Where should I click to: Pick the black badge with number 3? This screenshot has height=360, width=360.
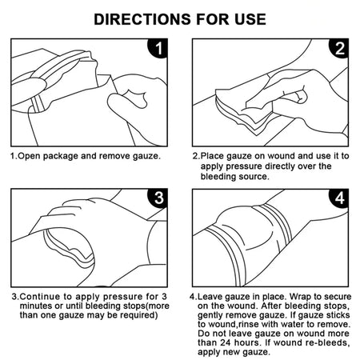[x=161, y=198]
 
